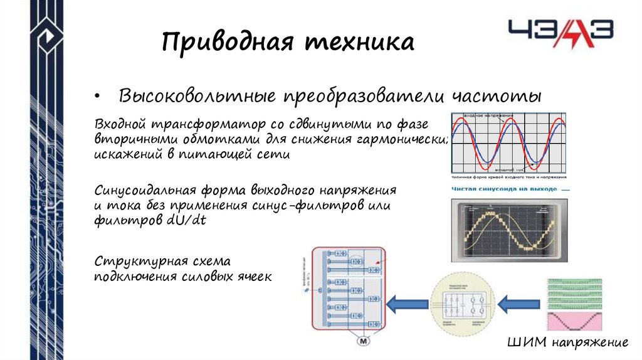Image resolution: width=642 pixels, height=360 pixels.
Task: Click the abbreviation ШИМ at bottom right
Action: [x=527, y=342]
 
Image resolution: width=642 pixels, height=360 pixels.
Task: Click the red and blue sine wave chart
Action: [x=509, y=143]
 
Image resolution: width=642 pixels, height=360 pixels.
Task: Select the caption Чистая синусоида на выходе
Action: [x=503, y=188]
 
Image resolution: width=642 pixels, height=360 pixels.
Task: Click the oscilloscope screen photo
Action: [x=508, y=230]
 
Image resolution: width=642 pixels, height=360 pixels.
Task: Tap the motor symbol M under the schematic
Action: [x=364, y=341]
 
